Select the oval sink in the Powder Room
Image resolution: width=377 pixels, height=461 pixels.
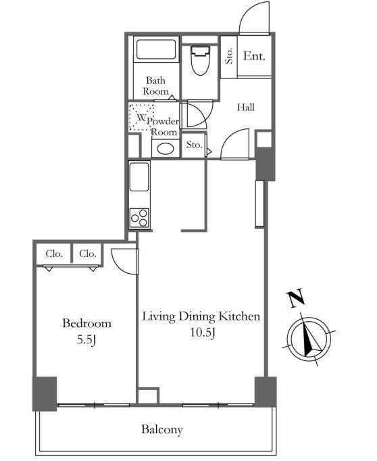point(166,149)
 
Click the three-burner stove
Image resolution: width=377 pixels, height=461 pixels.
point(139,218)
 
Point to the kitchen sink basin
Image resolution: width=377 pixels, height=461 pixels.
point(139,176)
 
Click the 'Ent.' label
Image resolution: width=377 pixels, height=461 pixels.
point(254,56)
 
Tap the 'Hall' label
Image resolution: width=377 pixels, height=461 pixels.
point(246,107)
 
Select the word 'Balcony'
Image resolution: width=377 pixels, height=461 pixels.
point(162,429)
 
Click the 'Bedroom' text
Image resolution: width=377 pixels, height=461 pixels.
point(87,323)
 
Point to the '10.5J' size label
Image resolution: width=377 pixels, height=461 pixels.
point(203,333)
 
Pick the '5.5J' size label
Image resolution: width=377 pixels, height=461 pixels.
point(86,340)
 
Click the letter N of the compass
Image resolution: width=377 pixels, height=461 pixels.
point(296,299)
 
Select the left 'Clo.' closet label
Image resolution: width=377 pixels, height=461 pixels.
point(54,253)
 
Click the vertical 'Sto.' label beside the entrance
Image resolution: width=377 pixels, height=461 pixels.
point(229,56)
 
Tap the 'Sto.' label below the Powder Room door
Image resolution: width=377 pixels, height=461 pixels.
point(194,145)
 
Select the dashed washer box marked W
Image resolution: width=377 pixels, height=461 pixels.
point(142,118)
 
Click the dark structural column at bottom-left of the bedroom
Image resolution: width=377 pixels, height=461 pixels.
point(45,393)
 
